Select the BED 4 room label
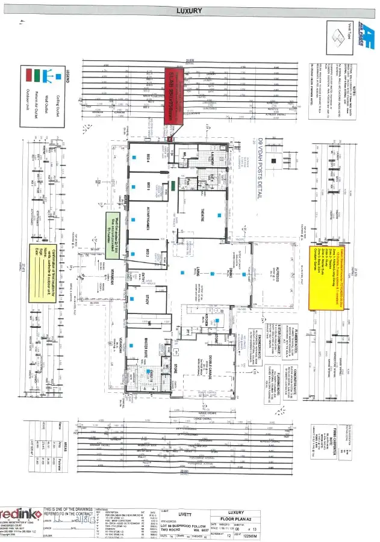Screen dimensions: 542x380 coord(149,156)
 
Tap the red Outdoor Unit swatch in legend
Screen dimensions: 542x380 coord(28,75)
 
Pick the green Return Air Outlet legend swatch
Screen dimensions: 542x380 coord(40,75)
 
